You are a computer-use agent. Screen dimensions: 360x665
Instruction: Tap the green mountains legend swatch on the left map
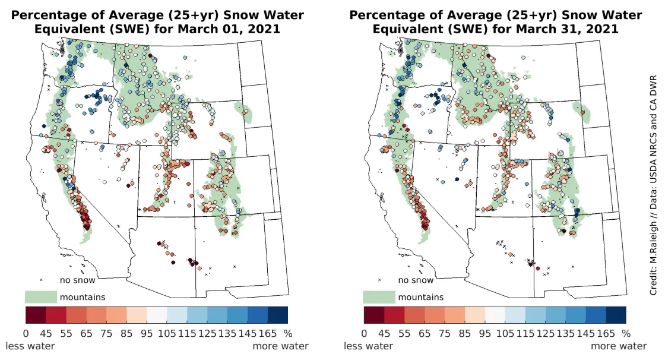[x=40, y=296]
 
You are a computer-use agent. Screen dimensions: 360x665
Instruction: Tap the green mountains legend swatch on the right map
[x=378, y=296]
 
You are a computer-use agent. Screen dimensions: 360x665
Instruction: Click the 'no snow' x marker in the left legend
[x=42, y=280]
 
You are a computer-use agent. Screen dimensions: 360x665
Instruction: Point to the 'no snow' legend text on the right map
[x=416, y=280]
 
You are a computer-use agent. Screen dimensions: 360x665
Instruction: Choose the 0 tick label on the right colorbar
[x=364, y=334]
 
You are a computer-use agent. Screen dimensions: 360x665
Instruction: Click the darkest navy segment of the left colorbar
[x=278, y=314]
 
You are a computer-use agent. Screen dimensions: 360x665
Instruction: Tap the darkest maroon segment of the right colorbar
[x=373, y=314]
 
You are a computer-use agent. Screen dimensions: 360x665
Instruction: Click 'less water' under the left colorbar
[x=30, y=346]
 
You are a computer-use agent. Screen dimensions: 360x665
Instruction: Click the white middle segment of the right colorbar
[x=495, y=314]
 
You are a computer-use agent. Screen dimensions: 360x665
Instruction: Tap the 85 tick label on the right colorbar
[x=465, y=334]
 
